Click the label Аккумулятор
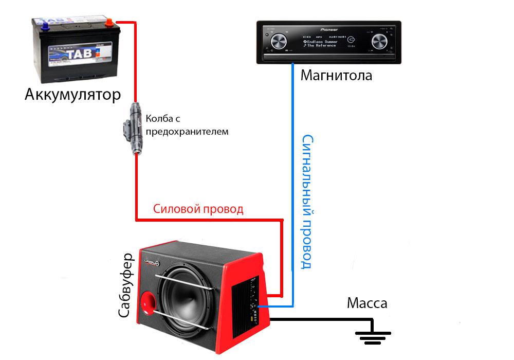(72, 96)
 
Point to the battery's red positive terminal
(109, 23)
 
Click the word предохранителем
(187, 132)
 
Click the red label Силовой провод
(198, 209)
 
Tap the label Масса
(367, 303)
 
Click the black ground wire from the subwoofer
(319, 319)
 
